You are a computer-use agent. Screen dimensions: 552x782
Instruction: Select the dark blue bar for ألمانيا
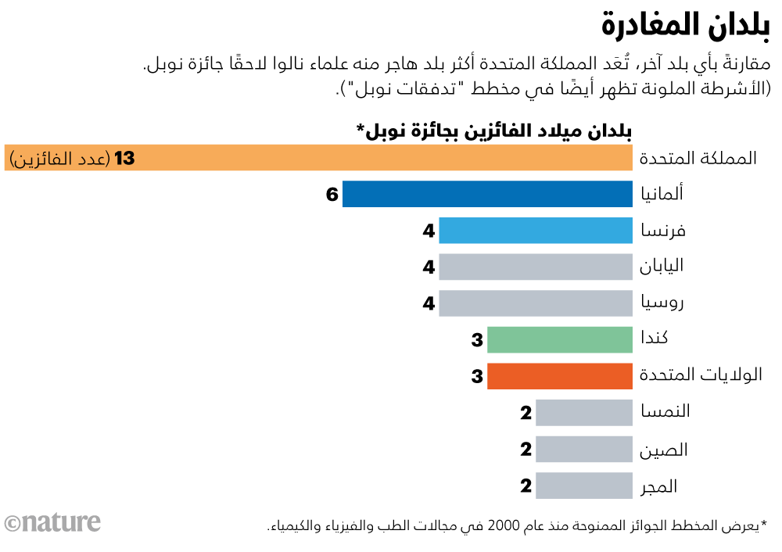pos(487,194)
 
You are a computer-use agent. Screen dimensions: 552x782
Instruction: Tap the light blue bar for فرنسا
pos(536,231)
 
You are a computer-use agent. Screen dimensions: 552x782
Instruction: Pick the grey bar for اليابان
pos(536,267)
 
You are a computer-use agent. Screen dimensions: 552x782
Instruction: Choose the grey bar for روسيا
pos(536,303)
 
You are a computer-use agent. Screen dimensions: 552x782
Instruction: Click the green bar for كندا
pos(560,339)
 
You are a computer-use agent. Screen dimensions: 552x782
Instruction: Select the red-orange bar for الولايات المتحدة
pos(560,376)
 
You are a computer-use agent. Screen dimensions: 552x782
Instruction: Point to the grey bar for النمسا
pos(584,412)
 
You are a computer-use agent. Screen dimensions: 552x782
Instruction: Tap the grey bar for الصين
pos(584,449)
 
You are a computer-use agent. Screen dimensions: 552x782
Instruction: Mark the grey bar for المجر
pos(584,486)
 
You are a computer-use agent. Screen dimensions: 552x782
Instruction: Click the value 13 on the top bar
pos(124,159)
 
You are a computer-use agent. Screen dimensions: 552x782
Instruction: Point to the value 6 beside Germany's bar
pos(332,195)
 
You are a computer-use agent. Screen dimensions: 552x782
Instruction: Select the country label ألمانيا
pos(662,193)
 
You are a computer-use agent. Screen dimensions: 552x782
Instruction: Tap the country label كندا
pos(654,339)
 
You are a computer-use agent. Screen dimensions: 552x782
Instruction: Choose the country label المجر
pos(658,486)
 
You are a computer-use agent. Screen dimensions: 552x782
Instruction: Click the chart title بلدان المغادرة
pos(685,26)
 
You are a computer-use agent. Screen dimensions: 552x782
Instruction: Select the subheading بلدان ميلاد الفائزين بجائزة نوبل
pos(494,130)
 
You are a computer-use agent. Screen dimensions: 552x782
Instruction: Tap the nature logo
pos(52,522)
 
